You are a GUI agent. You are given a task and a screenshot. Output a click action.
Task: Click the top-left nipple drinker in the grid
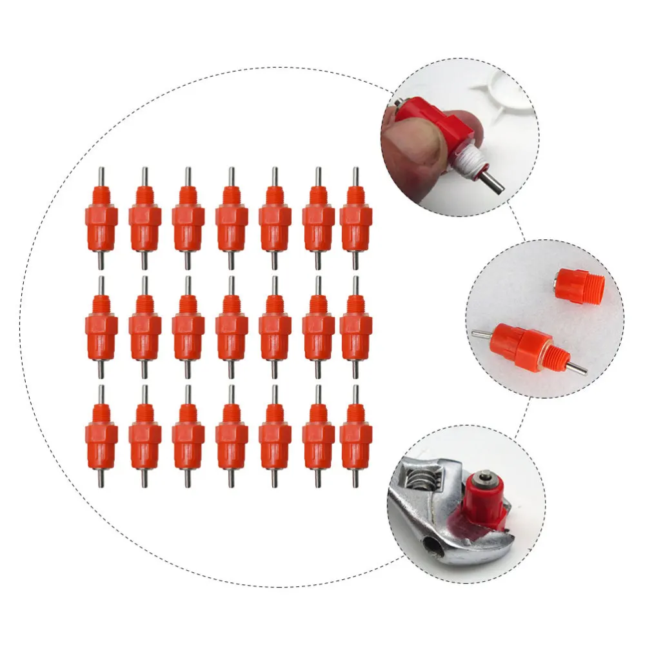pyautogui.click(x=101, y=219)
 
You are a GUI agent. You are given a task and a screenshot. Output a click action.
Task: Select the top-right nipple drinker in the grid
pyautogui.click(x=355, y=219)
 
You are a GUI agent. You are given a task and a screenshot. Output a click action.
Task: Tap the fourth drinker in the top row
pyautogui.click(x=232, y=219)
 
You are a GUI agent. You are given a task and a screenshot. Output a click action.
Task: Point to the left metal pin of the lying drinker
pyautogui.click(x=481, y=333)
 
